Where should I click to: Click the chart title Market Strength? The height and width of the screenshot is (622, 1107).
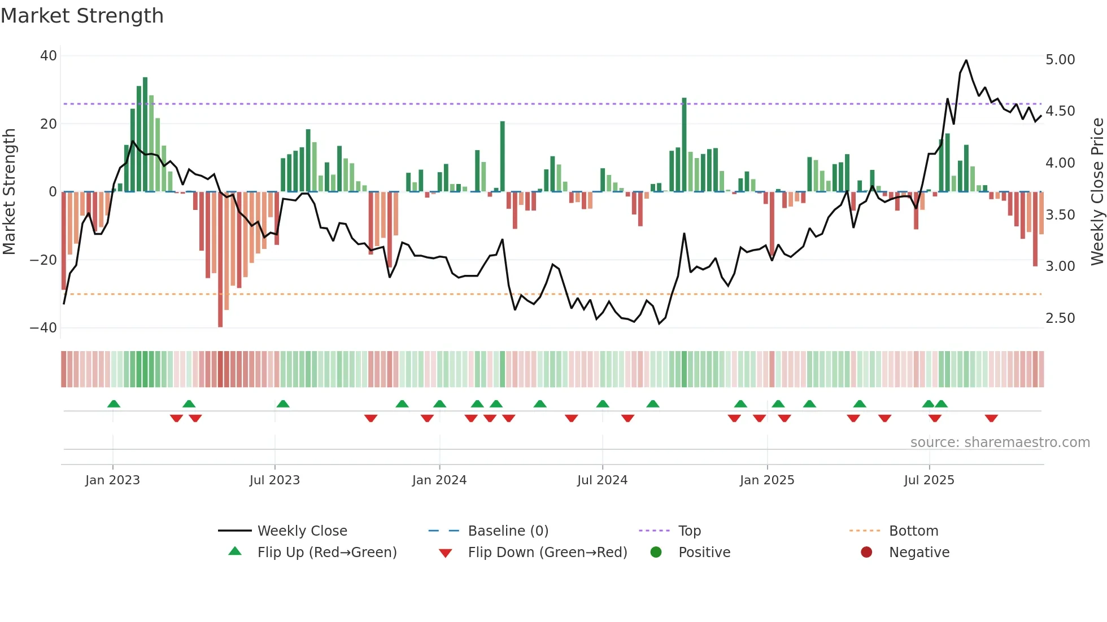click(82, 16)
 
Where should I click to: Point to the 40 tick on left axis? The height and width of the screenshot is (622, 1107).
click(49, 56)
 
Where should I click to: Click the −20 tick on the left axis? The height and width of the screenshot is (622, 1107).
click(43, 260)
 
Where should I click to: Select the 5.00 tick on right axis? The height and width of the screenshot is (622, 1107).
click(1060, 60)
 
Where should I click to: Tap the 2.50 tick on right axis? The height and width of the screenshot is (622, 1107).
click(1060, 318)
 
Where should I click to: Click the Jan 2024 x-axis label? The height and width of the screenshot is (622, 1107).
click(439, 480)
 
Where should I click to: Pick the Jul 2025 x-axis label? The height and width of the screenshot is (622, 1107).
click(929, 480)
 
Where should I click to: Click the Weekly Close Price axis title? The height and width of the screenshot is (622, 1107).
click(1097, 192)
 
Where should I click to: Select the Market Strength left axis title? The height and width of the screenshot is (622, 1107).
click(10, 192)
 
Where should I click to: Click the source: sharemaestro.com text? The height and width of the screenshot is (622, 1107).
click(1000, 443)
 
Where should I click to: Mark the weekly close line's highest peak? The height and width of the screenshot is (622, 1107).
click(966, 60)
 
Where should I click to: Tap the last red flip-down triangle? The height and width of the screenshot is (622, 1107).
click(991, 418)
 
